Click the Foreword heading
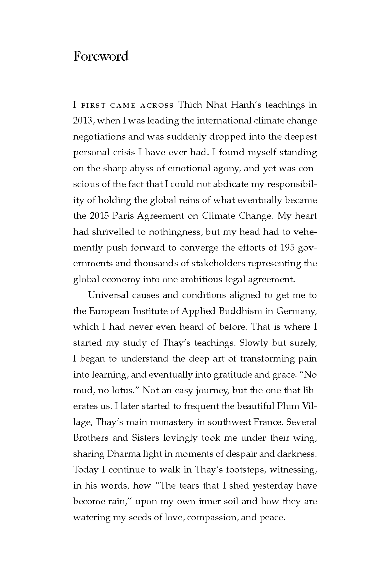coord(101,56)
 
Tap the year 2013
coord(83,121)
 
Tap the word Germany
coord(296,311)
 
